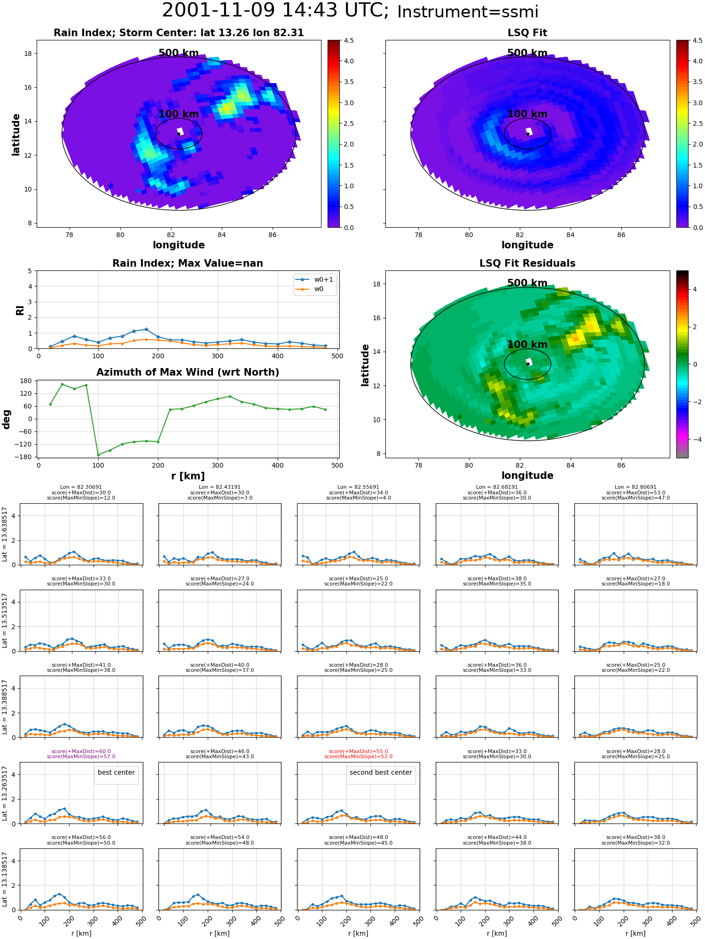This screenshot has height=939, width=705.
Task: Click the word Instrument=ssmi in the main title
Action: click(x=468, y=12)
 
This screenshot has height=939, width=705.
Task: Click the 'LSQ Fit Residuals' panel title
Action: click(x=527, y=263)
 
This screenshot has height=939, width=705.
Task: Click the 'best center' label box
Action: click(x=116, y=772)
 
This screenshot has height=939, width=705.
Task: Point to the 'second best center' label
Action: click(x=381, y=772)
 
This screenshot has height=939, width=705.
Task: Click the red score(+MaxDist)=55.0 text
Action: click(x=358, y=751)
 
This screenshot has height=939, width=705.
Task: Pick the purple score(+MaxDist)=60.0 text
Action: click(x=81, y=751)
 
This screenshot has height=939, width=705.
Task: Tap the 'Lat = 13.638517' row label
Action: click(x=5, y=534)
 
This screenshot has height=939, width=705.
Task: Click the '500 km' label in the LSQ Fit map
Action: click(x=527, y=53)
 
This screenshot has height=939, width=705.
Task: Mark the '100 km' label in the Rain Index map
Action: click(x=179, y=114)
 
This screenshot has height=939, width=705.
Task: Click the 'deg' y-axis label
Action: click(x=7, y=419)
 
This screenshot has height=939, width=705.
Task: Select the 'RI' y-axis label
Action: click(x=20, y=310)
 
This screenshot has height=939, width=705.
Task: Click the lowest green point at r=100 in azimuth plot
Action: click(x=98, y=454)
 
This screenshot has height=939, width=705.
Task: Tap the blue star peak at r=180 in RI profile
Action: click(x=146, y=329)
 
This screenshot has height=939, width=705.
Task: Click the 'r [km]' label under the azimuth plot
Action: click(x=188, y=476)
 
